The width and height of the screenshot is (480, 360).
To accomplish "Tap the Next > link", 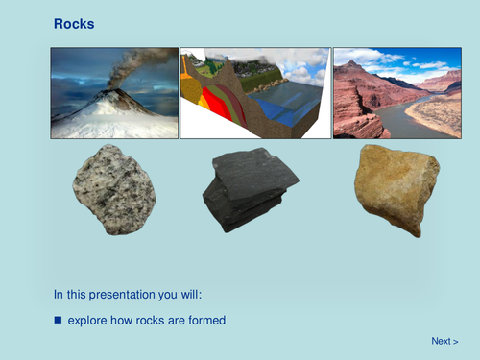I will pos(444,341).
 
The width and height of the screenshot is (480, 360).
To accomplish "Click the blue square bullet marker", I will pos(58,319).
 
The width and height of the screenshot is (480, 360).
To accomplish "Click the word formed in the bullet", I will pos(206,320).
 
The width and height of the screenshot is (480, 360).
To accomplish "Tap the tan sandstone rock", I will pos(396,187).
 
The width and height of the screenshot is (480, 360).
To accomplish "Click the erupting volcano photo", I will pos(114,93).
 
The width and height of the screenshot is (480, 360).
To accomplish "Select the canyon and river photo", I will pos(396,93).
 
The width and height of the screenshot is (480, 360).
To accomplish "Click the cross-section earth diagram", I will pos(254,93).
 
